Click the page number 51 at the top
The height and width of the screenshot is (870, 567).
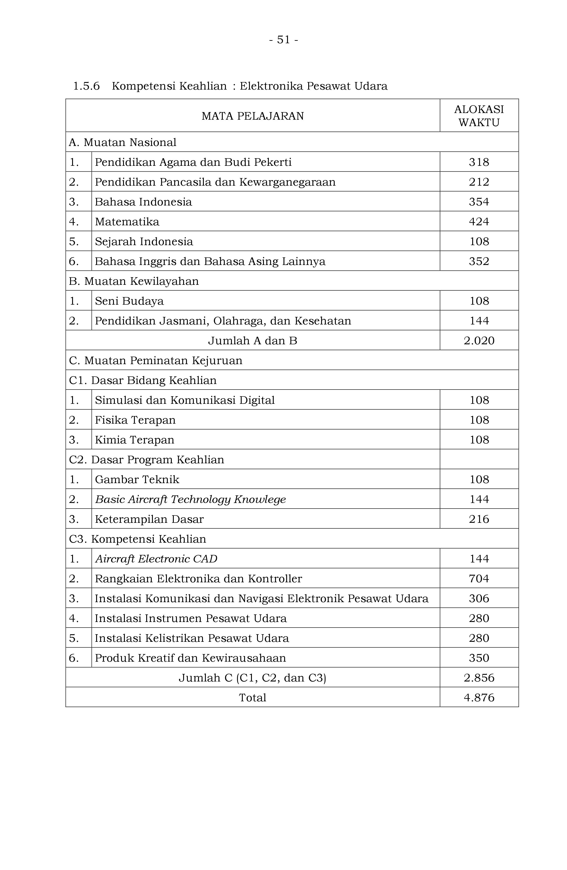tap(283, 39)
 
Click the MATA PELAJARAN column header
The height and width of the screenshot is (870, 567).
tap(252, 116)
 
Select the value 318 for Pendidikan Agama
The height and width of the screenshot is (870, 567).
tap(479, 162)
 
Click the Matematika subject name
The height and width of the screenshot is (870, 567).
tap(127, 222)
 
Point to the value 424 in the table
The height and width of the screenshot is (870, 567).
tap(479, 222)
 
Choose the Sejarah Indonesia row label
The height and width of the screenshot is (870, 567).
tap(144, 241)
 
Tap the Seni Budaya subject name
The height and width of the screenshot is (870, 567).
tap(129, 301)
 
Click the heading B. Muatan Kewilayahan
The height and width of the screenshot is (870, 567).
tap(134, 281)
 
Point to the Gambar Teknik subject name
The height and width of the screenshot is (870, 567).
tap(137, 479)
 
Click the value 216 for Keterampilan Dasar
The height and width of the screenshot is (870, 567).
tap(479, 519)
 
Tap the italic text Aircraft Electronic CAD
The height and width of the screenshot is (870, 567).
tap(156, 558)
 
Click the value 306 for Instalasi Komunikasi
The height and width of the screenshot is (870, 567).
tap(479, 598)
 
